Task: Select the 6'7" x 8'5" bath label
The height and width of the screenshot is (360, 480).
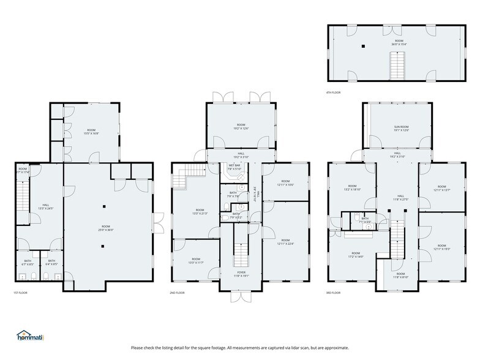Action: point(28,263)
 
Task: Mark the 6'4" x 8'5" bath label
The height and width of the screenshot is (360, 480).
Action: point(51,263)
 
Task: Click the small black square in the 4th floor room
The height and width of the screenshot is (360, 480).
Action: point(362,46)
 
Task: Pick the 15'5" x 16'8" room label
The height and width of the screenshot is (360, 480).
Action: point(91,131)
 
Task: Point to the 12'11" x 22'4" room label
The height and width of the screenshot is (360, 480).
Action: point(285,241)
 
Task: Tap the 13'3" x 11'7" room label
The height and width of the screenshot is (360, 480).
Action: point(195,260)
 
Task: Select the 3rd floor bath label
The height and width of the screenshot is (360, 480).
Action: point(365,220)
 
